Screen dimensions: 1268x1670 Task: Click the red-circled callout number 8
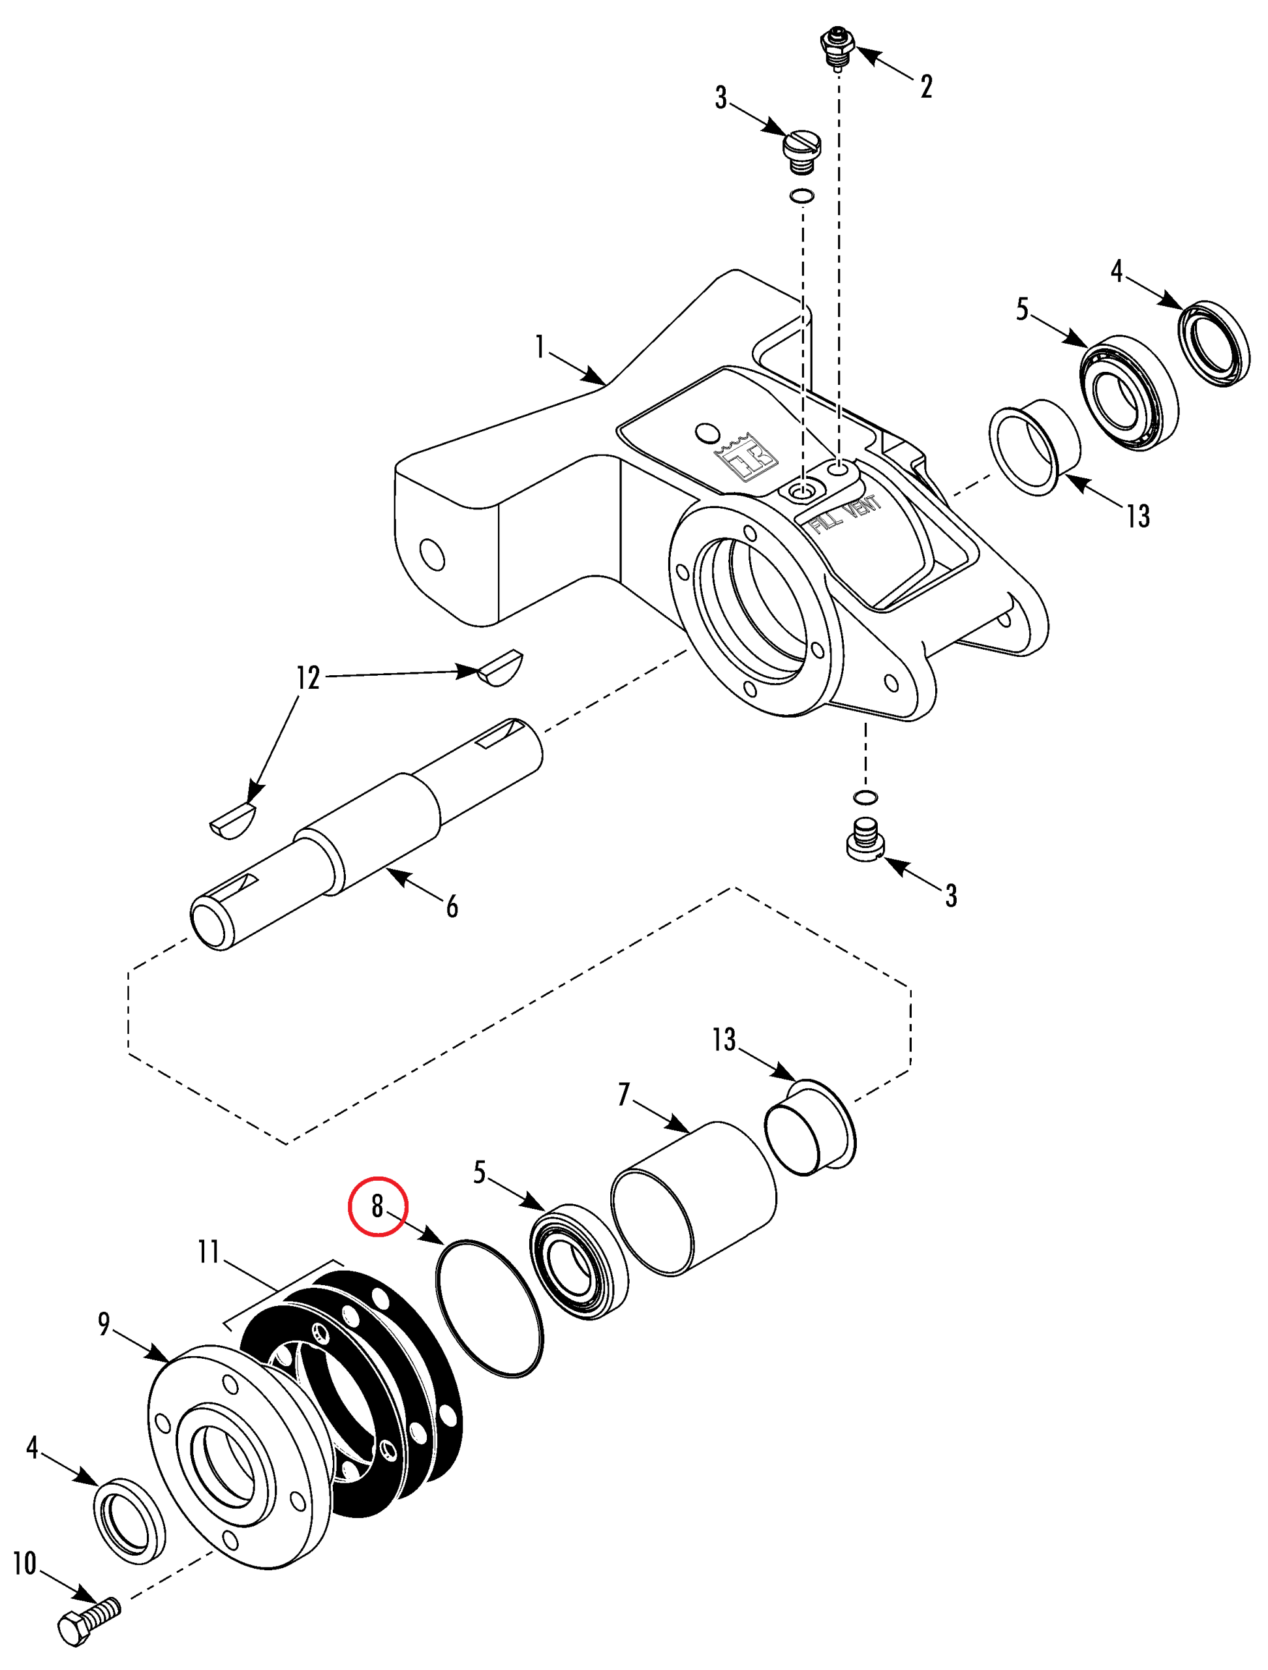377,1206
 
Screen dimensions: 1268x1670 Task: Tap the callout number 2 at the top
926,87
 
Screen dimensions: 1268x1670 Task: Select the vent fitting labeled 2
837,48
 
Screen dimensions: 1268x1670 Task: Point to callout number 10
25,1563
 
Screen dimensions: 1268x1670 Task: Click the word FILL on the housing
826,520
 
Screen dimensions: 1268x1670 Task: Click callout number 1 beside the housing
539,347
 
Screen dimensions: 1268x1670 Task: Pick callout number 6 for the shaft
452,906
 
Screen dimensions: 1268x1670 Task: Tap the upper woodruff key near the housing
499,667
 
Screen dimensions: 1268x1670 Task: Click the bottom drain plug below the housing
865,838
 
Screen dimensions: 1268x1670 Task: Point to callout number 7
624,1095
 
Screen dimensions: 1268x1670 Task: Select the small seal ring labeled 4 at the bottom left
129,1521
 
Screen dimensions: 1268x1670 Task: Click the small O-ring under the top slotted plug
802,196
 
